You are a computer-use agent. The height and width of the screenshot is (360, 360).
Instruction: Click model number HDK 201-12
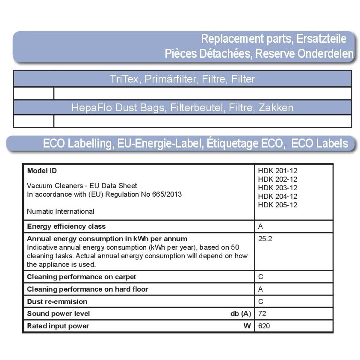pyautogui.click(x=277, y=171)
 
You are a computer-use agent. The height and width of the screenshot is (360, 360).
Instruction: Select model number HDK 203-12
pyautogui.click(x=277, y=188)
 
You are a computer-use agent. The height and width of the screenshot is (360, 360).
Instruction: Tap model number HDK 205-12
pyautogui.click(x=277, y=205)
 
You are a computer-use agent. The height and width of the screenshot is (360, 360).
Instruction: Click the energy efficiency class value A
pyautogui.click(x=261, y=226)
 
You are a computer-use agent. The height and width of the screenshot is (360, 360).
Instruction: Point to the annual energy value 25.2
pyautogui.click(x=265, y=239)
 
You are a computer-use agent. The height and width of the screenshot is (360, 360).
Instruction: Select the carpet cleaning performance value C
pyautogui.click(x=261, y=277)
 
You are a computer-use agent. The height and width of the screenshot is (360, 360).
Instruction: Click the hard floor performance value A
pyautogui.click(x=261, y=289)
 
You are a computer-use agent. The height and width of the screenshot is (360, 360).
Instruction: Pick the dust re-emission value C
pyautogui.click(x=261, y=301)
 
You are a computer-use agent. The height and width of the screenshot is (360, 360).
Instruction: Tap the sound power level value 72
pyautogui.click(x=262, y=313)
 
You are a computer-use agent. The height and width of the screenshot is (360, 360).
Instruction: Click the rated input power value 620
pyautogui.click(x=264, y=326)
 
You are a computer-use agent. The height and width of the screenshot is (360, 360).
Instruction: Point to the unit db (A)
pyautogui.click(x=240, y=313)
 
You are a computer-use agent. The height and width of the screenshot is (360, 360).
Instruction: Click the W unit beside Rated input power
pyautogui.click(x=247, y=326)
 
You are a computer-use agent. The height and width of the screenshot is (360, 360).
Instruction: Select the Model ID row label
pyautogui.click(x=42, y=171)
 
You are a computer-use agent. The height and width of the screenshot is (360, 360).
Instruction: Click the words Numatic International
pyautogui.click(x=60, y=211)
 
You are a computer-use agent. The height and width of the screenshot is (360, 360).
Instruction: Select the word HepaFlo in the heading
pyautogui.click(x=89, y=108)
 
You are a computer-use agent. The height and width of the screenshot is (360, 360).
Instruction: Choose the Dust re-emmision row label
pyautogui.click(x=57, y=301)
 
